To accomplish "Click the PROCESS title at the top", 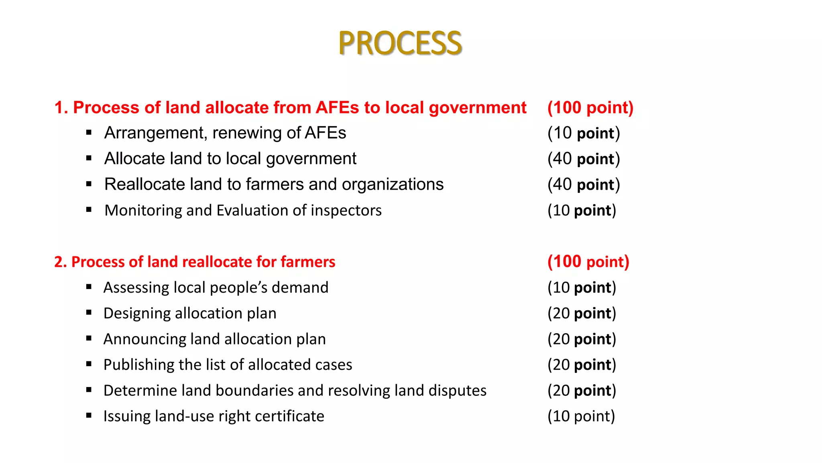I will [400, 43].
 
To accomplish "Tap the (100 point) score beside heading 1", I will [590, 108].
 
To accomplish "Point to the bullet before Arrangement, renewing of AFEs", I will [89, 133].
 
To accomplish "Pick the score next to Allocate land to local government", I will [584, 159].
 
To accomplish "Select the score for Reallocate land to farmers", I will [584, 184].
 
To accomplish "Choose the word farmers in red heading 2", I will [308, 262].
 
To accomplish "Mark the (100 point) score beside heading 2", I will [588, 262].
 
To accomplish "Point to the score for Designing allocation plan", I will [582, 313].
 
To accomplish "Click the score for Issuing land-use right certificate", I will [581, 416].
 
